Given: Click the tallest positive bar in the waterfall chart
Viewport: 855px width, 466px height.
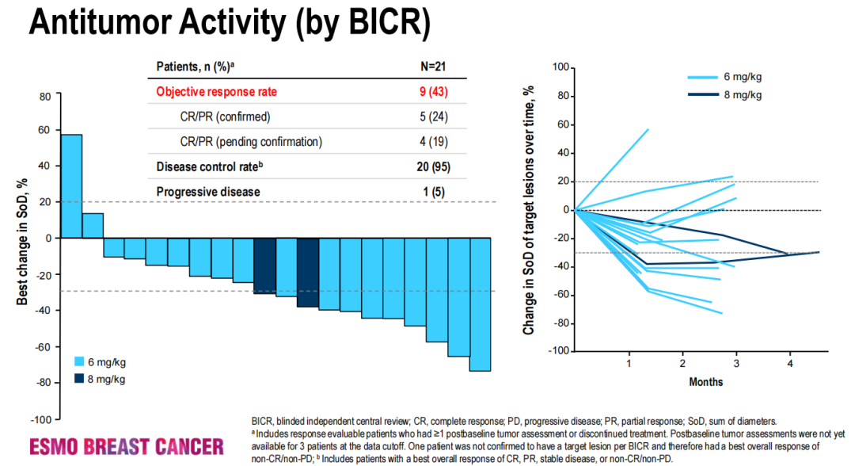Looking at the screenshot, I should [71, 186].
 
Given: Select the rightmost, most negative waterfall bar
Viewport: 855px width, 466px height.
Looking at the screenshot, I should [480, 304].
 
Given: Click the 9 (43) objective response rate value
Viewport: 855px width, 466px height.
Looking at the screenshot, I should [433, 92].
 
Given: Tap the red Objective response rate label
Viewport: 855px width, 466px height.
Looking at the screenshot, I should [216, 92].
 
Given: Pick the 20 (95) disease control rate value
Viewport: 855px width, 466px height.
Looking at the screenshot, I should [433, 166].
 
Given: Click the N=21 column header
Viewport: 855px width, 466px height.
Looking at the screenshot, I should [434, 66].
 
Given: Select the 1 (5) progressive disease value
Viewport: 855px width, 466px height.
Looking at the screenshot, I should [433, 192].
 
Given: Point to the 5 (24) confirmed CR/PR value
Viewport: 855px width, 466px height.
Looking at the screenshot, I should [433, 117].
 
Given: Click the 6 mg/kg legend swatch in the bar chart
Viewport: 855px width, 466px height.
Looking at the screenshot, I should [78, 361].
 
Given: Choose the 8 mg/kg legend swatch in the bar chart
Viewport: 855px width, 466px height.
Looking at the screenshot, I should [78, 379].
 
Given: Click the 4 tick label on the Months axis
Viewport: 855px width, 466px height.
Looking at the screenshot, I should [789, 363].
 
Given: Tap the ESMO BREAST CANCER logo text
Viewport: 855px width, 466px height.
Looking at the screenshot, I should [127, 447].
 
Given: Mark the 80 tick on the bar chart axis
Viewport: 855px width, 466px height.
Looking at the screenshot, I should [44, 96].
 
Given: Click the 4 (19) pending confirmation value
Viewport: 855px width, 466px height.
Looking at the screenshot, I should [433, 143].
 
